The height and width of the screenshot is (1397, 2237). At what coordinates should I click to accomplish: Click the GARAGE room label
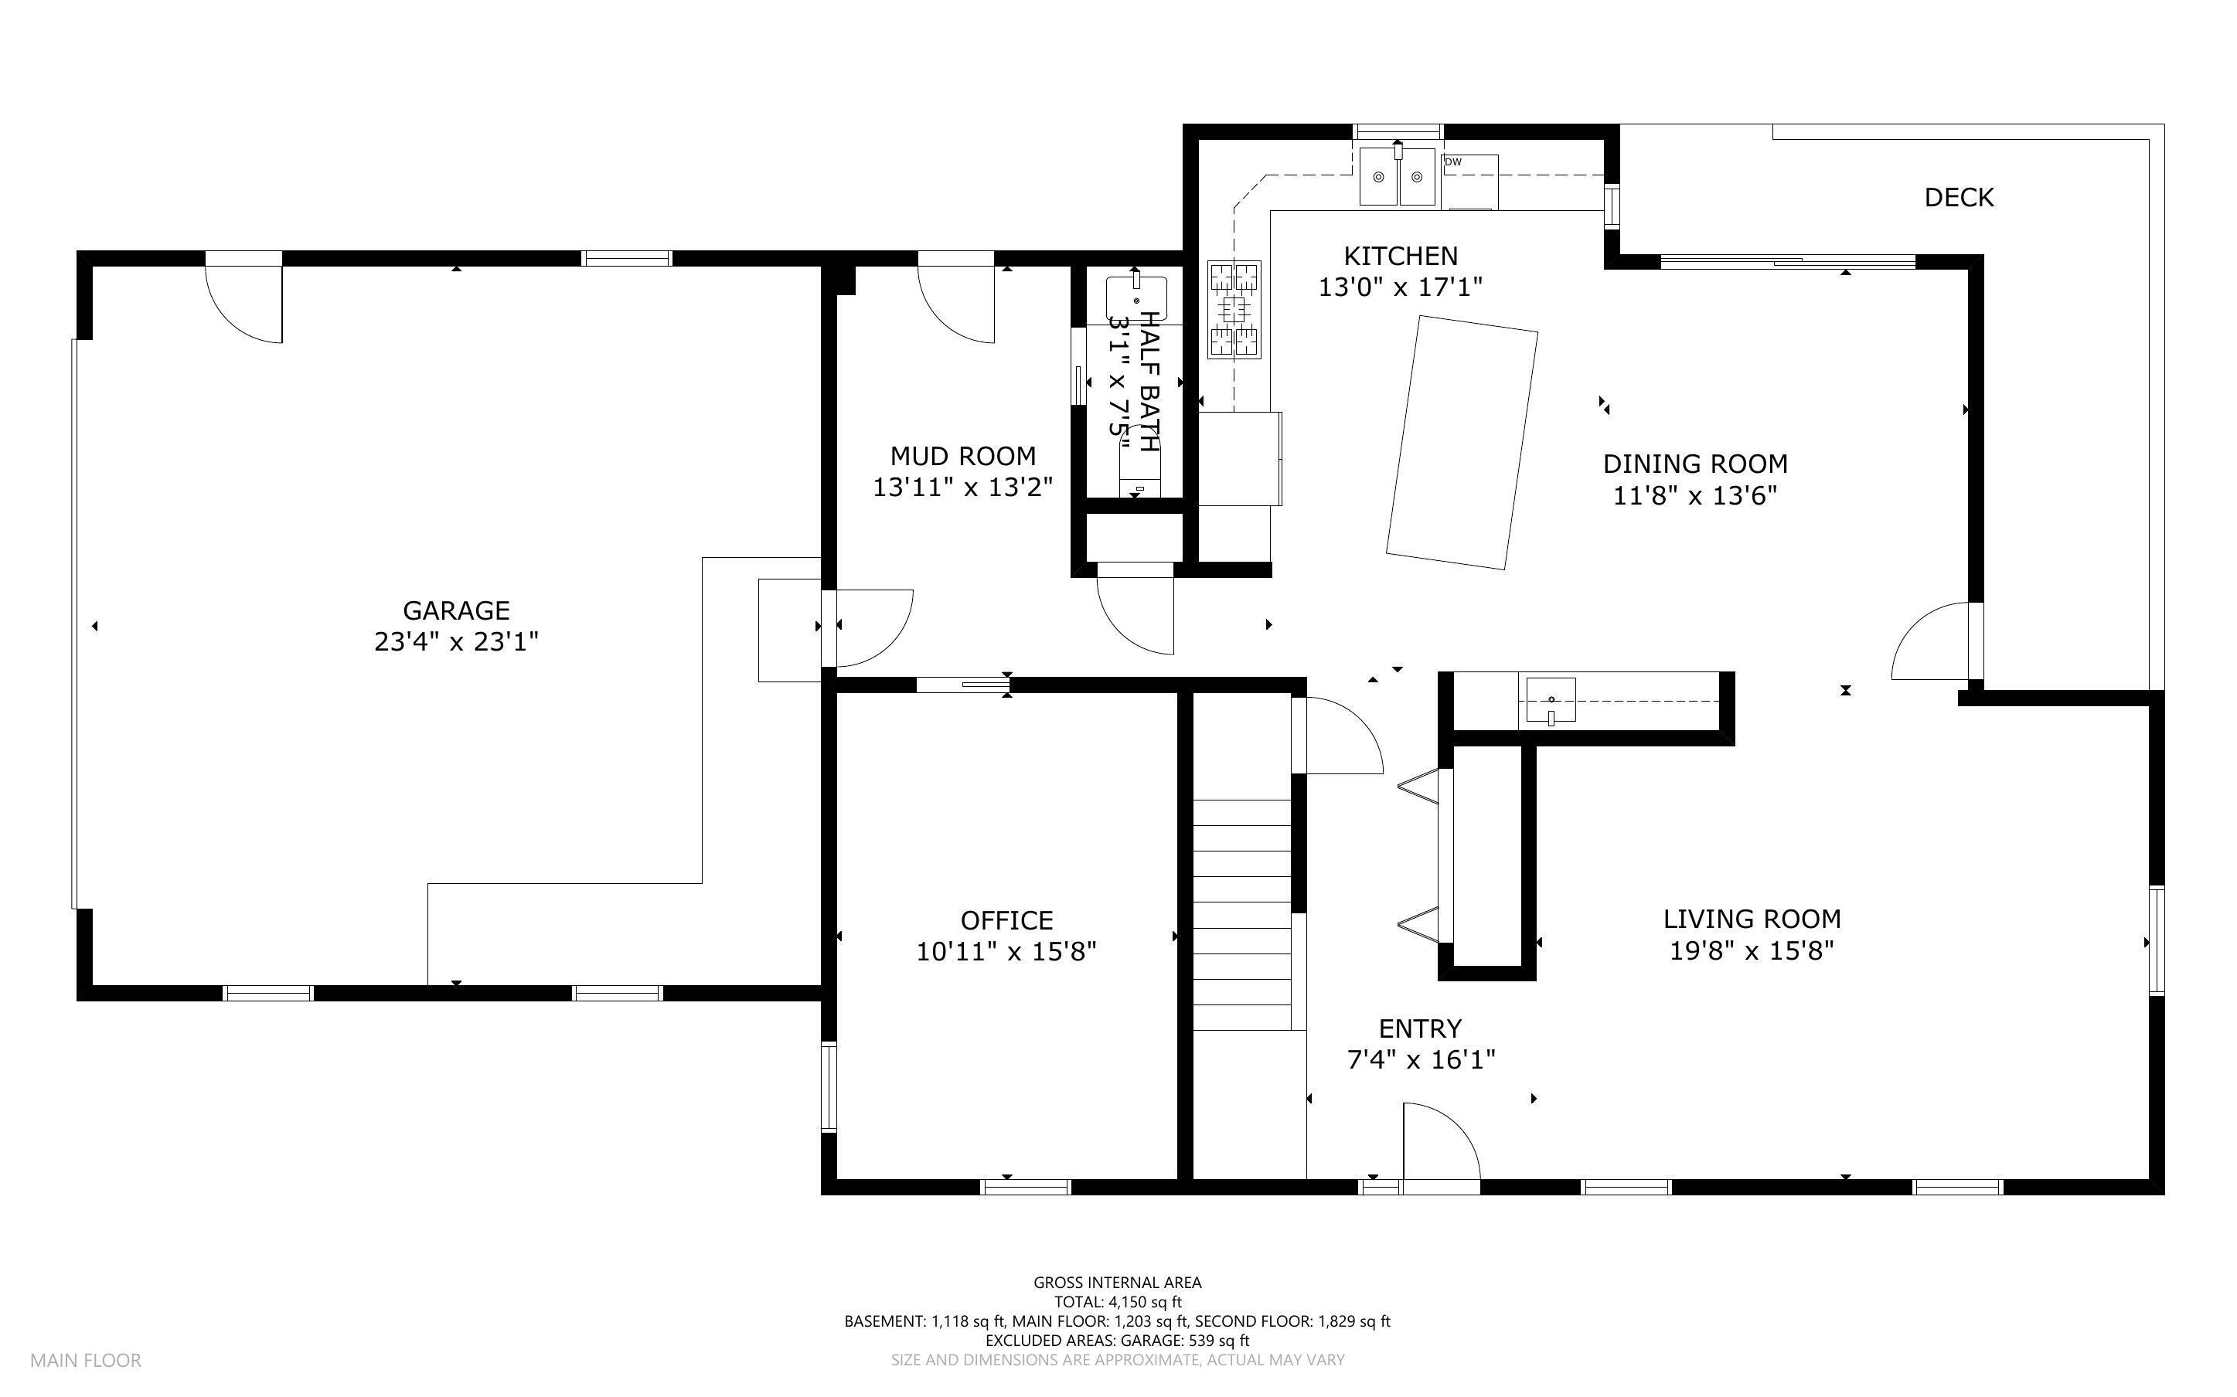tap(455, 610)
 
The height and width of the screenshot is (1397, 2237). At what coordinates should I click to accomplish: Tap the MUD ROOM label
tap(963, 456)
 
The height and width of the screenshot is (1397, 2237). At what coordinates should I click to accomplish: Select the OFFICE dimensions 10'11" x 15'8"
tap(1006, 952)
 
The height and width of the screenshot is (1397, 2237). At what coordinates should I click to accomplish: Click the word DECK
tap(1959, 197)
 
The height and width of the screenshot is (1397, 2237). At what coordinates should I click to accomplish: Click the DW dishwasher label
tap(1453, 162)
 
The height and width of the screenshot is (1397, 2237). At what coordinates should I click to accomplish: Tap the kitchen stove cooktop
tap(1234, 308)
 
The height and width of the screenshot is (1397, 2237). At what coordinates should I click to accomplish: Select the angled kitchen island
tap(1462, 443)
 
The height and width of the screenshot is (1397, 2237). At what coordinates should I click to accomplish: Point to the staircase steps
tap(1242, 915)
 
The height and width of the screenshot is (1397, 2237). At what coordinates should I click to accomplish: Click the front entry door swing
tap(1442, 1141)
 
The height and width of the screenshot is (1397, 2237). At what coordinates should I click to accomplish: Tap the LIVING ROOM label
tap(1752, 919)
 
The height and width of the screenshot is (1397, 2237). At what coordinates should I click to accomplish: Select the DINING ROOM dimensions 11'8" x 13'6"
tap(1696, 496)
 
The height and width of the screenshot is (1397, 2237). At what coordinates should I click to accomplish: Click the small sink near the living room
tap(1551, 699)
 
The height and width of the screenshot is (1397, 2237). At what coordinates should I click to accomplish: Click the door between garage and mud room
tap(874, 628)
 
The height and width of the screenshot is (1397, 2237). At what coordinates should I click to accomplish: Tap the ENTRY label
tap(1420, 1028)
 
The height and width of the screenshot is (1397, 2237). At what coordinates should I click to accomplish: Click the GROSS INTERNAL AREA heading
tap(1117, 1283)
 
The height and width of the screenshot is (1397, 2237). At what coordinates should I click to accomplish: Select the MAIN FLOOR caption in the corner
tap(86, 1360)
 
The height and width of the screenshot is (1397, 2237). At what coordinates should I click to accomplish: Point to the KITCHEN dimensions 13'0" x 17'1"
tap(1400, 287)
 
